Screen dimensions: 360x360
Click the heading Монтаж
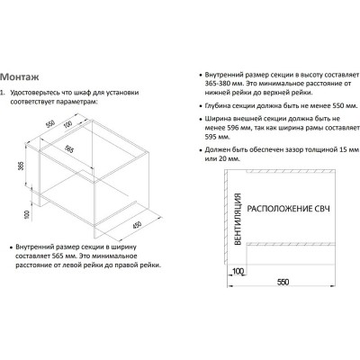(x=20, y=76)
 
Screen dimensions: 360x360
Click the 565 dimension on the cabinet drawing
(x=69, y=148)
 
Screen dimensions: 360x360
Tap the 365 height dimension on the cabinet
(x=21, y=166)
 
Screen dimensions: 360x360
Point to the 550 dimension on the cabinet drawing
(x=50, y=124)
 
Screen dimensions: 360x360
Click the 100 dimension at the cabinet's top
(x=68, y=124)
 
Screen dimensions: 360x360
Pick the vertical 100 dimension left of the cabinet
(x=27, y=214)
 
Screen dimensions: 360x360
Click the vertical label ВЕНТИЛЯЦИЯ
(x=238, y=219)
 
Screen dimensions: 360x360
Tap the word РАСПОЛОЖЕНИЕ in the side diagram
(x=280, y=209)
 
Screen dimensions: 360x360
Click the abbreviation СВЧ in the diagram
(x=322, y=209)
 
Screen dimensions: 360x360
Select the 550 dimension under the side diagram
(x=283, y=283)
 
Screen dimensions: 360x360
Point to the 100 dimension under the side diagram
(x=238, y=272)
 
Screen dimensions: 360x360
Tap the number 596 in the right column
(x=232, y=128)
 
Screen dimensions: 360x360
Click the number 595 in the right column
(x=211, y=137)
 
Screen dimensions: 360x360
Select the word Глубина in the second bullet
(x=217, y=106)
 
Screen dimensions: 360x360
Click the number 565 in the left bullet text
(x=58, y=256)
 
